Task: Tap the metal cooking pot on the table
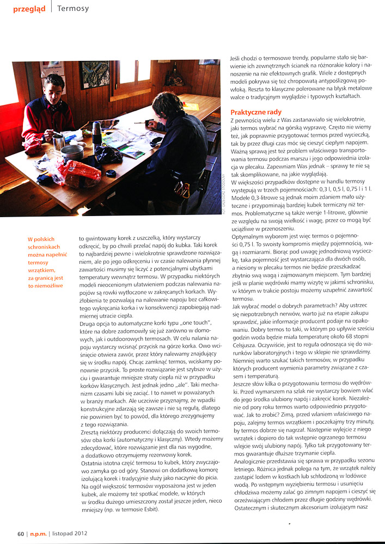pyautogui.click(x=72, y=152)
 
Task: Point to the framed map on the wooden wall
pyautogui.click(x=94, y=74)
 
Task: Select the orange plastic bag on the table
pyautogui.click(x=77, y=173)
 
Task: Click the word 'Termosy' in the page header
pyautogui.click(x=73, y=9)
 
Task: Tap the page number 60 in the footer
pyautogui.click(x=21, y=534)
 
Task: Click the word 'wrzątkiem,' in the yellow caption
pyautogui.click(x=46, y=270)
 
